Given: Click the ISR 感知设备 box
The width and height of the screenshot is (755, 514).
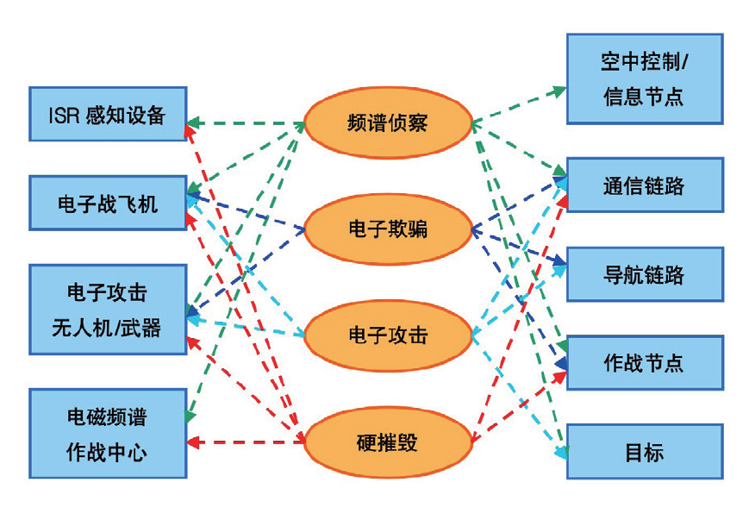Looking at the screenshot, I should pyautogui.click(x=108, y=113).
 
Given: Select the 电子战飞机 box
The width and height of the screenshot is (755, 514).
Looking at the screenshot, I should pyautogui.click(x=108, y=203).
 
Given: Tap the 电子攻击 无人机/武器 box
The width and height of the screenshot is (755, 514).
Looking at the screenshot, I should pyautogui.click(x=108, y=310).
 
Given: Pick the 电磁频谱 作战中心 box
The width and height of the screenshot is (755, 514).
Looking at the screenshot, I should pyautogui.click(x=108, y=434).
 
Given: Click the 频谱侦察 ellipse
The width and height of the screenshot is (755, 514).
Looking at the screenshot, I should pyautogui.click(x=389, y=122).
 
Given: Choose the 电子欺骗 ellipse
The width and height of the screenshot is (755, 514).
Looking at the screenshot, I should pyautogui.click(x=389, y=229).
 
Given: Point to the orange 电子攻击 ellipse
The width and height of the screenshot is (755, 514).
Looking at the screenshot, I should pyautogui.click(x=389, y=335).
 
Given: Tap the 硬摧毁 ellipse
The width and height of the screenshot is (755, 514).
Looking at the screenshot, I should pyautogui.click(x=389, y=441).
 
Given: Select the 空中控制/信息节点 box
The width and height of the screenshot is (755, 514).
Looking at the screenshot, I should pyautogui.click(x=644, y=78).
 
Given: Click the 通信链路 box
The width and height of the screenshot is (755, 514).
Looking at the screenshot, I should pyautogui.click(x=644, y=185).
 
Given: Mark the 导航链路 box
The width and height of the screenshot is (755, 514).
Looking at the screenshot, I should pyautogui.click(x=644, y=274).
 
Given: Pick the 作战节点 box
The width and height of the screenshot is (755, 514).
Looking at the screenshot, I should pyautogui.click(x=644, y=362).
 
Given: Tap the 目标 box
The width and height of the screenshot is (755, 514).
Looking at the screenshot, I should pyautogui.click(x=644, y=451).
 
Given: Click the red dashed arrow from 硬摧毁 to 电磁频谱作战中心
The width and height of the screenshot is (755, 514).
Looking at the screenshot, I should pyautogui.click(x=246, y=442).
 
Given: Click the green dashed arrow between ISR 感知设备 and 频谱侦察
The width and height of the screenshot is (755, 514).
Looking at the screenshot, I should pyautogui.click(x=246, y=122).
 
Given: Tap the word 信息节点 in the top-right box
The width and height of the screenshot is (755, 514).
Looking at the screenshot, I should pyautogui.click(x=644, y=96).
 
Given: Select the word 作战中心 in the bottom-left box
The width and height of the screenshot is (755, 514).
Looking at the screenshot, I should pyautogui.click(x=108, y=452).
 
